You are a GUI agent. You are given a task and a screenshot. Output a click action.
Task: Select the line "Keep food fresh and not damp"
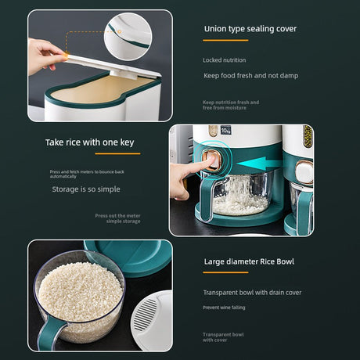pos(250,76)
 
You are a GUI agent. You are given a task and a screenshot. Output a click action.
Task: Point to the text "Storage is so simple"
pos(86,189)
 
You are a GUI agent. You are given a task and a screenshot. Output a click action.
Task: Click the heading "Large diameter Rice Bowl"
pos(248,261)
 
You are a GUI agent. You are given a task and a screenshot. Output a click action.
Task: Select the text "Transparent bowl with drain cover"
pos(252,292)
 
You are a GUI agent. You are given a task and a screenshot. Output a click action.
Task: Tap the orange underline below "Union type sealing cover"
pos(225,41)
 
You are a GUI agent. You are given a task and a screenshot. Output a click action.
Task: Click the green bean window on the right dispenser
pos(308,137)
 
